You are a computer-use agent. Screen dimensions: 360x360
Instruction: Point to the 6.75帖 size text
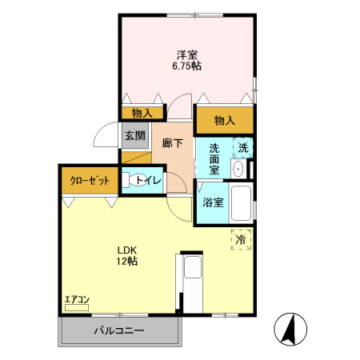pos(188,66)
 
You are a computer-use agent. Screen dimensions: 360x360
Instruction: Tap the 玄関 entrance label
pos(134,135)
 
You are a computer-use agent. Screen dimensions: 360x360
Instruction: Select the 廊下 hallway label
pos(172,143)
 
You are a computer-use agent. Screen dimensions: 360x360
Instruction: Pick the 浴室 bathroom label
pos(213,202)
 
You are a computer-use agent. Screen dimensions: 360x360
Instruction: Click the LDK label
pos(129,249)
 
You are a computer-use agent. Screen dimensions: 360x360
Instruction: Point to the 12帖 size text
pos(129,262)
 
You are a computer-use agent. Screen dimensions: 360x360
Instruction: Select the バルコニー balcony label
pos(118,330)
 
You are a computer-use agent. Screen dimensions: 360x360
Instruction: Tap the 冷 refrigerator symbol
pos(241,238)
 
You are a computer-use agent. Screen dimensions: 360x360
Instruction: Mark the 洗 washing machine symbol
pos(243,147)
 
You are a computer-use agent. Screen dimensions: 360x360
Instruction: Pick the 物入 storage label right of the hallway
pos(225,121)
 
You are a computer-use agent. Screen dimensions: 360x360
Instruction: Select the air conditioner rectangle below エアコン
pos(77,306)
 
